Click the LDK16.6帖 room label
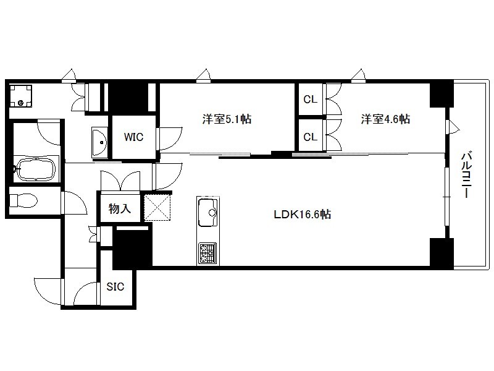[302, 215]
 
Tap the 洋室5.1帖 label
[227, 119]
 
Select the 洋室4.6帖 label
[385, 119]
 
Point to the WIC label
[133, 137]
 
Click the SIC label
[115, 287]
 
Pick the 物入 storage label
[120, 208]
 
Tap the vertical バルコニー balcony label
[466, 175]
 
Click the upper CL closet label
[311, 100]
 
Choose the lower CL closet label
[311, 137]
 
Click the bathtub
[35, 169]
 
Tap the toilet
[23, 200]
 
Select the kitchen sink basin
[208, 212]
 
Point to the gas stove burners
[207, 253]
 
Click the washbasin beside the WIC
[99, 142]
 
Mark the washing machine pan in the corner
[20, 96]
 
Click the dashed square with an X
[157, 207]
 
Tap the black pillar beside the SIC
[132, 249]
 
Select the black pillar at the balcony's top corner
[442, 95]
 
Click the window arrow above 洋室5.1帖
[203, 75]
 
